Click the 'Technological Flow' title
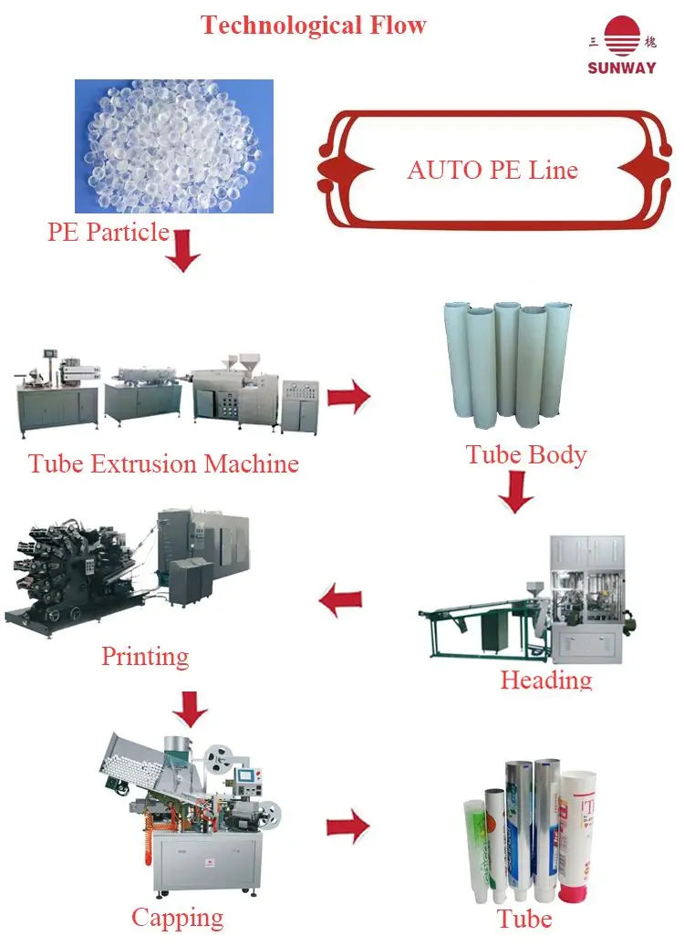point(314,25)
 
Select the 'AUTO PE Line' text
point(492,170)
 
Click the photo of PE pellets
point(173,146)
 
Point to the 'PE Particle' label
point(108,232)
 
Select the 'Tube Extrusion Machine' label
point(163,463)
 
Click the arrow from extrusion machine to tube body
point(348,397)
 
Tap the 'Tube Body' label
point(526,454)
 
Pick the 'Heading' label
point(546,680)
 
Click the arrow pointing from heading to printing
point(340,600)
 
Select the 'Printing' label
point(145,656)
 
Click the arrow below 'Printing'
point(190,706)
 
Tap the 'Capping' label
point(177,917)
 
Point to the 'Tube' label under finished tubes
point(524,918)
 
